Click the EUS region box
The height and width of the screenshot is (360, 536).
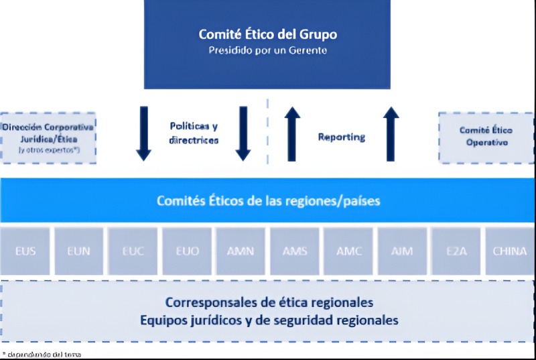25,251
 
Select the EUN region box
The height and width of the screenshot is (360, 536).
78,251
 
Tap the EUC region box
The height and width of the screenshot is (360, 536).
132,251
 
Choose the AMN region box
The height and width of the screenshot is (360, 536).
240,251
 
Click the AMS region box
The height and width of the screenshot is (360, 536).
294,251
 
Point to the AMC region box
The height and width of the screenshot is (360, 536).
348,251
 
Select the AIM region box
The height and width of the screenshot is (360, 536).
402,251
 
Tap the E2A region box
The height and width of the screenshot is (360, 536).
456,251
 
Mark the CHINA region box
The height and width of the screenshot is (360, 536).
509,251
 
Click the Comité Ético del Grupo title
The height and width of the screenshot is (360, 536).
267,34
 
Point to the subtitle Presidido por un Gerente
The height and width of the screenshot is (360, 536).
267,50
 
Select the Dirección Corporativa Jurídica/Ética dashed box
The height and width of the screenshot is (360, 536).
48,137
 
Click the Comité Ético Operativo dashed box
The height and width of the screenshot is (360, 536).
486,137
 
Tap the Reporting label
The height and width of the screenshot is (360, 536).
342,137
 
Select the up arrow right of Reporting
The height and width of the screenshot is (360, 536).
391,134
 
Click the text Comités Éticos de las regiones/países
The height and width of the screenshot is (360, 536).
269,200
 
